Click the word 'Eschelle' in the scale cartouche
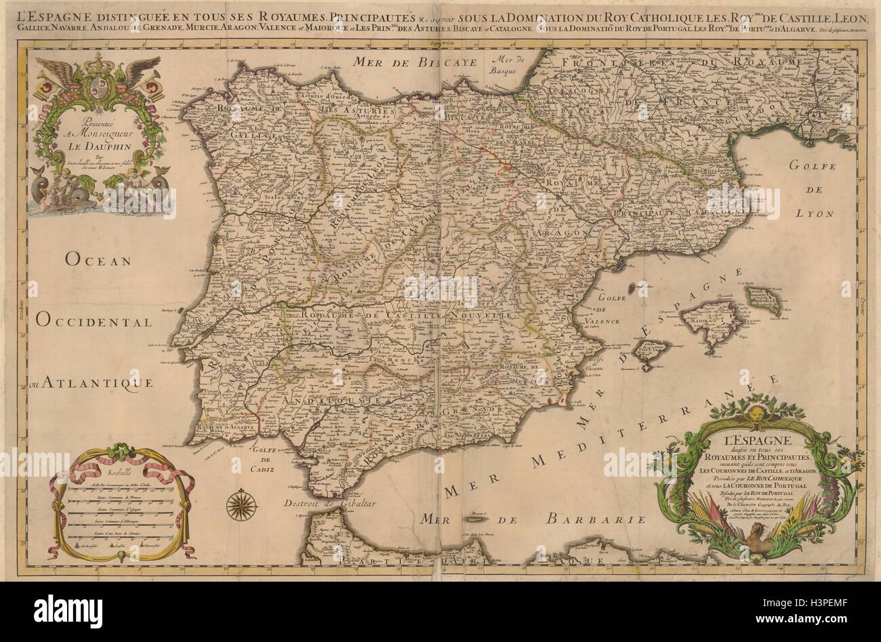click(123, 475)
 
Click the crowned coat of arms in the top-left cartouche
click(95, 85)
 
